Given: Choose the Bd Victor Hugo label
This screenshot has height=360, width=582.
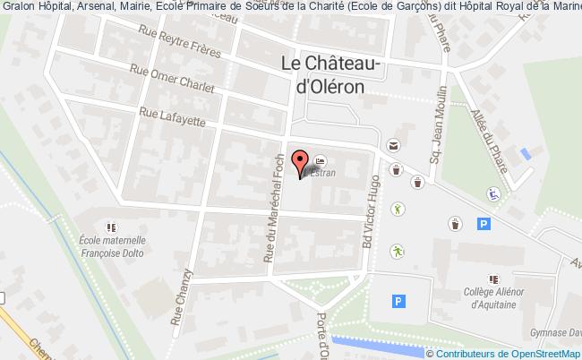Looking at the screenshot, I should coord(370,210).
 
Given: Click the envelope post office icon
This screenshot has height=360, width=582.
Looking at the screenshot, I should coord(392,145).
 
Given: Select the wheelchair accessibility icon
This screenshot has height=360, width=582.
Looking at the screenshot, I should coord(492,193).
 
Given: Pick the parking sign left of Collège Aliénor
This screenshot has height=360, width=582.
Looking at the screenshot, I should coord(398,303).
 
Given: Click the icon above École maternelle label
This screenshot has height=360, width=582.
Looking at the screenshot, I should coord(111,228).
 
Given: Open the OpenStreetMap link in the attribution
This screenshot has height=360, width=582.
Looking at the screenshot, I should coord(547,353).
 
